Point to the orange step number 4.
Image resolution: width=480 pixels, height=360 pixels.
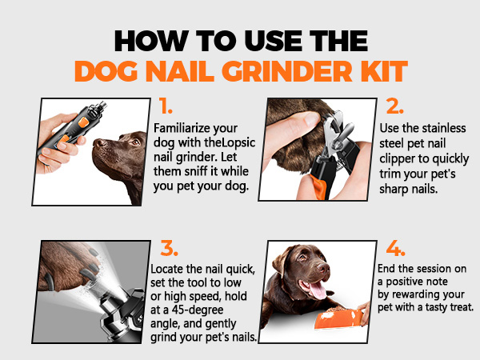click(x=394, y=246)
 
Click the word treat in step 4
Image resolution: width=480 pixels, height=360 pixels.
click(x=456, y=306)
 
